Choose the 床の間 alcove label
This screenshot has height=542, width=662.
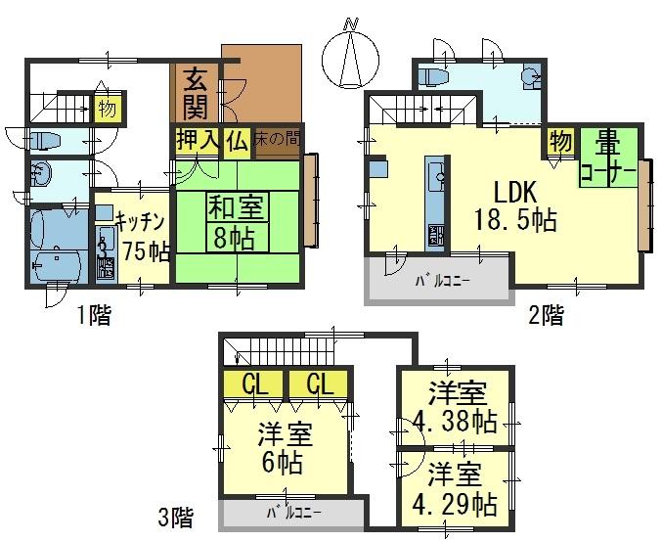278,141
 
